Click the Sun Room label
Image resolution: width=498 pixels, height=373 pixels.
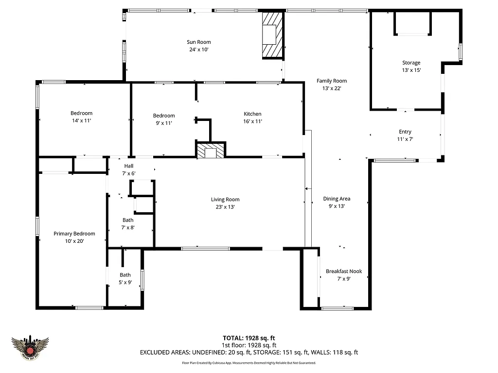click(199, 42)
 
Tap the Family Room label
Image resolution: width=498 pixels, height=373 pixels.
click(331, 81)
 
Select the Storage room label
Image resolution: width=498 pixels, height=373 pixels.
click(411, 63)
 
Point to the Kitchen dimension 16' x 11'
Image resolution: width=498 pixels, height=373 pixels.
click(252, 121)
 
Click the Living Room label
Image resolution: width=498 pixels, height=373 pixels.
click(225, 200)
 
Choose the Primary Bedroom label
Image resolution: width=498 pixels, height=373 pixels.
click(74, 234)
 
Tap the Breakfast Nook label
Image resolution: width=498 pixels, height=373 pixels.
click(344, 271)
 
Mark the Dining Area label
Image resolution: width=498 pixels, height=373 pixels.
click(337, 199)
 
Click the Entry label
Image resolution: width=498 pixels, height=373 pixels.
click(405, 132)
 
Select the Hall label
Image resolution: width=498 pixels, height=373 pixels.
click(128, 166)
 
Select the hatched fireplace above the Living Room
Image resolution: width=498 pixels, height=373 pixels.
click(211, 150)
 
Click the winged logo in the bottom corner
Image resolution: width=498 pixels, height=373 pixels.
click(31, 347)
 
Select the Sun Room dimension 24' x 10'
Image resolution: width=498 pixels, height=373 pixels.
click(199, 50)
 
